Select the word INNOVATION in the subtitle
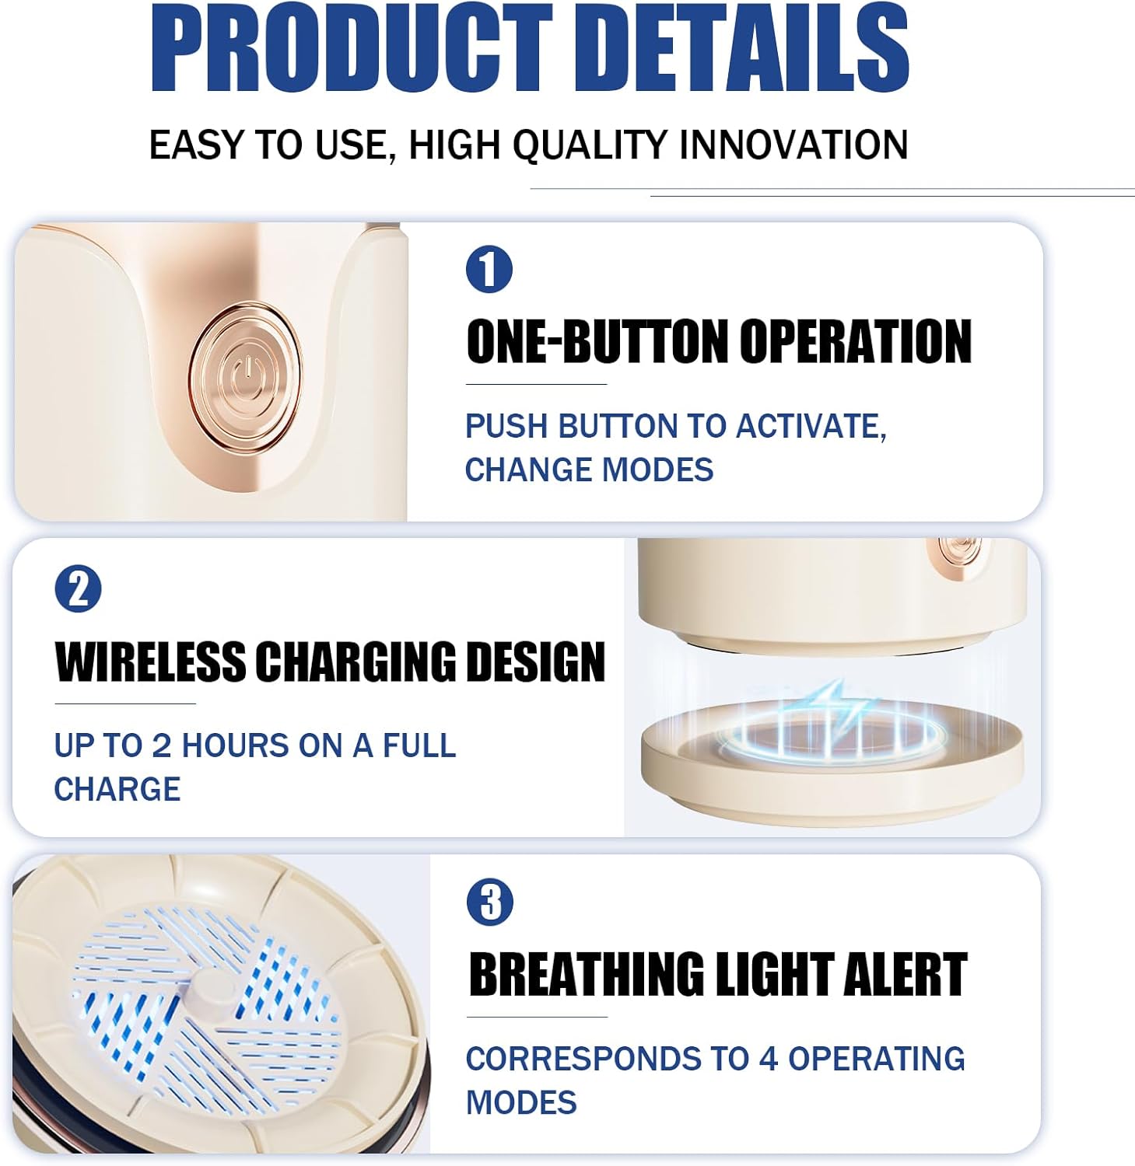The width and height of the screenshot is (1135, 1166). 793,145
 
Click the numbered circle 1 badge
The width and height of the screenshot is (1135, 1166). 489,270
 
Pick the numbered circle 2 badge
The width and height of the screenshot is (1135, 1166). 79,589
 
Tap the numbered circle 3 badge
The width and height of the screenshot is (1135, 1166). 490,902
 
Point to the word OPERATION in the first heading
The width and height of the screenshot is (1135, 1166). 855,341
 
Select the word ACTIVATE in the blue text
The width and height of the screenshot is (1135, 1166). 810,426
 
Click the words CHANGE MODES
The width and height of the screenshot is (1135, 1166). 589,470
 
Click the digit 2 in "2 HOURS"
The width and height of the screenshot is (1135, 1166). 162,745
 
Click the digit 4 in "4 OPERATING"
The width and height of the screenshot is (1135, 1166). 769,1059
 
